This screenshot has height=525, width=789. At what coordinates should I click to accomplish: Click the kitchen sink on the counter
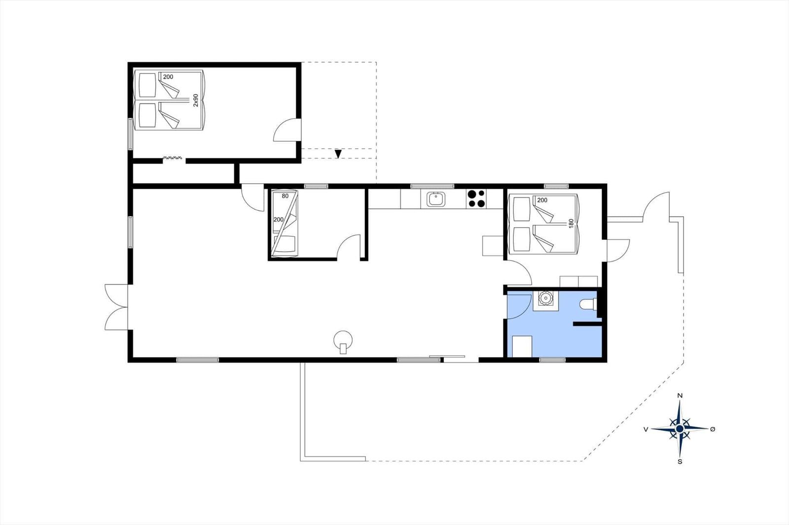tap(436, 199)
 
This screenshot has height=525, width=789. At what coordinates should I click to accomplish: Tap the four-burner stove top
tap(476, 199)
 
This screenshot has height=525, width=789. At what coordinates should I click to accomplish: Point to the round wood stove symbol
tap(343, 341)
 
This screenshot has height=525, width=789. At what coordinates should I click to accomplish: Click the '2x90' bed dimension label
tap(196, 100)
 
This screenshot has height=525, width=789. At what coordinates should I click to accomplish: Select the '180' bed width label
tap(572, 223)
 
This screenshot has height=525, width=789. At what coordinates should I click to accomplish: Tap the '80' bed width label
tap(285, 196)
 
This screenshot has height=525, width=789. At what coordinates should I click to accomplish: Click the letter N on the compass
tap(680, 395)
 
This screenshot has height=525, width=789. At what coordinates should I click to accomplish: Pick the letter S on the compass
tap(680, 461)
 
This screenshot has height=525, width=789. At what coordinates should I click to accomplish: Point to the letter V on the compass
tap(646, 429)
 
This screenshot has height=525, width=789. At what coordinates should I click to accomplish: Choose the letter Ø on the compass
tap(713, 429)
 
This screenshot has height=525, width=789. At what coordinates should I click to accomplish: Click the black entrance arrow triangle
tap(338, 154)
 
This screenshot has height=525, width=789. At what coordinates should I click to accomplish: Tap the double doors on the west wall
tap(116, 307)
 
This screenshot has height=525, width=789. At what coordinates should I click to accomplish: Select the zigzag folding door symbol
tap(173, 158)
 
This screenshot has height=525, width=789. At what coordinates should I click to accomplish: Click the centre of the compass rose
tap(680, 428)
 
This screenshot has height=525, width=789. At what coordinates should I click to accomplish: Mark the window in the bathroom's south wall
tap(552, 360)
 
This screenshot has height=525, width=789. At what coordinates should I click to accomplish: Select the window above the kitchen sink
tap(432, 186)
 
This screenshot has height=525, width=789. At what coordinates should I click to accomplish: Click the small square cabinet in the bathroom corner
tap(522, 346)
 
